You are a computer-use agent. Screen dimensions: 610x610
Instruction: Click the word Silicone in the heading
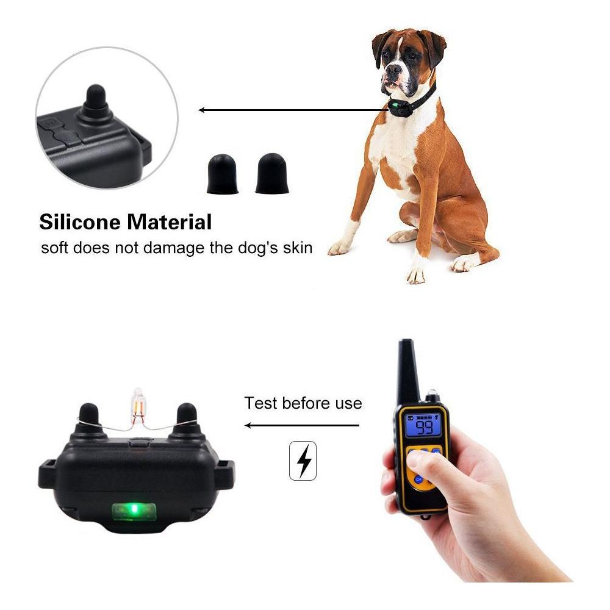point(80,222)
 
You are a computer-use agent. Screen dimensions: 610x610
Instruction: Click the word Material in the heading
point(169,222)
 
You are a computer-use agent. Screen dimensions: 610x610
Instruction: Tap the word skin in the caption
point(297,248)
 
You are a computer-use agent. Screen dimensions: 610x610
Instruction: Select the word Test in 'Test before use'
point(260,403)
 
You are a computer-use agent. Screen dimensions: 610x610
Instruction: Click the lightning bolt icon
point(303,461)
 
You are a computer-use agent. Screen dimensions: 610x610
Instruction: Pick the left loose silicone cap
point(222,174)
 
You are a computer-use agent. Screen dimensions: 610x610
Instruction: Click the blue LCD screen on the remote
point(423,425)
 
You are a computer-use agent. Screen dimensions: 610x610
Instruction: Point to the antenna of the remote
point(407,370)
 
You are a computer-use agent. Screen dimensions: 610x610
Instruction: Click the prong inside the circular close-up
point(95,102)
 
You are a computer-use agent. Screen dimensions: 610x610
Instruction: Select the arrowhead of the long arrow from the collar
point(201,110)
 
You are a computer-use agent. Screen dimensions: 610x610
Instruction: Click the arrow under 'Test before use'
point(302,425)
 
